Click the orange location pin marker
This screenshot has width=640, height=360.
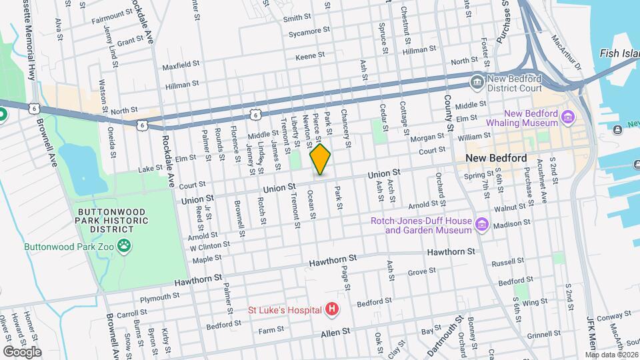click(x=321, y=159)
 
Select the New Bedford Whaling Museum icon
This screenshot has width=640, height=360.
click(x=568, y=118)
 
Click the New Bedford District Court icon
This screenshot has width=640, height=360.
click(x=477, y=81)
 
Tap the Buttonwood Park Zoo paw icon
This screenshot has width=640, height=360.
click(x=125, y=246)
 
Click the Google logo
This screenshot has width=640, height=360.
click(x=22, y=351)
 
